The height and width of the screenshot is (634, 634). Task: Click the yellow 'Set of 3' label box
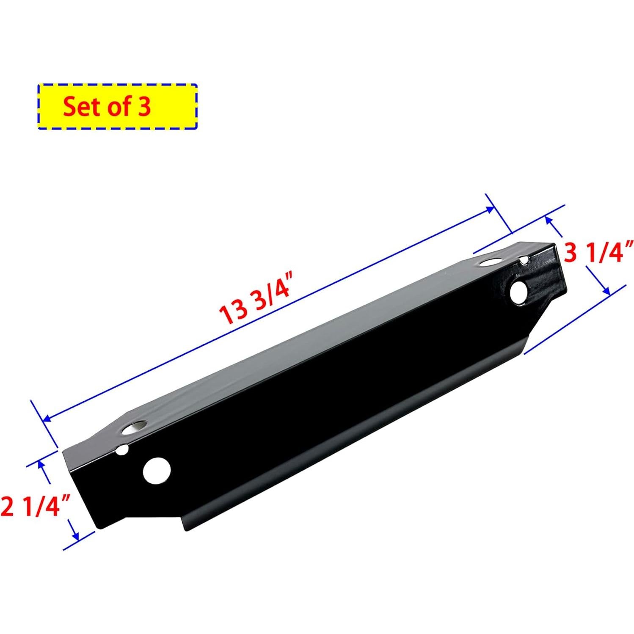pos(118,106)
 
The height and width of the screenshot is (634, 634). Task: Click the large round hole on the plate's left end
pos(157,471)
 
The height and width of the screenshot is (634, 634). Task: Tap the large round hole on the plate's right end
pos(518,292)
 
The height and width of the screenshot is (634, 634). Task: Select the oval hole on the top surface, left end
pos(134,428)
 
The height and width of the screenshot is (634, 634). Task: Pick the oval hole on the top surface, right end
pos(489,263)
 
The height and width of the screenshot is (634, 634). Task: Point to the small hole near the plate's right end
pos(524,259)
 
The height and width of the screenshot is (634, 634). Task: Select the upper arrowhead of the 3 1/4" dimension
pos(549,220)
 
